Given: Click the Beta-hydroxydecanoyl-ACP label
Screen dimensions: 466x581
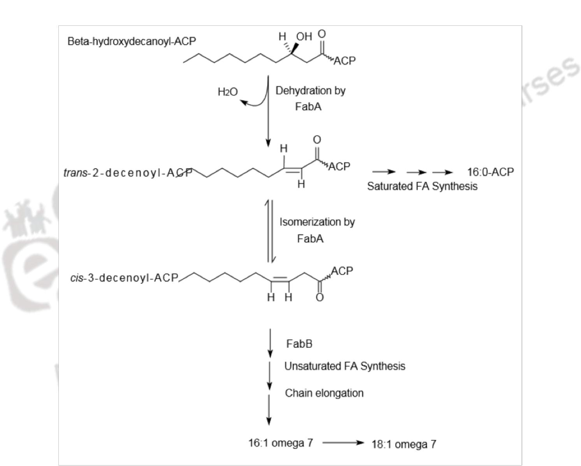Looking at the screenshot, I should point(132,41).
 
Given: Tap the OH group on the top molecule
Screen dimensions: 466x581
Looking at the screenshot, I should point(304,37).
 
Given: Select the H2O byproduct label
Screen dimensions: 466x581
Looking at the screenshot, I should point(227,92).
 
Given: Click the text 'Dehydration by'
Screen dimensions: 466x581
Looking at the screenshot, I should point(310,91).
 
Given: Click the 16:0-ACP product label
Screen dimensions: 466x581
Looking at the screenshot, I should point(490,172).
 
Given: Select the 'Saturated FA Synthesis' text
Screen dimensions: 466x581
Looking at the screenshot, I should point(422,186).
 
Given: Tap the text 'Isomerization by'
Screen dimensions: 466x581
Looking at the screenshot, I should point(317,222).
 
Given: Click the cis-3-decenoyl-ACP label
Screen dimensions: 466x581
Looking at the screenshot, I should point(124,278).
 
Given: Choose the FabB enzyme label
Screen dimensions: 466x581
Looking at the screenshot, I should point(299,344).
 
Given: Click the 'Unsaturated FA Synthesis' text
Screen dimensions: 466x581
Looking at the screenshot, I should point(345,366).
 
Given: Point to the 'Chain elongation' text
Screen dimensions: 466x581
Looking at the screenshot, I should point(324,393).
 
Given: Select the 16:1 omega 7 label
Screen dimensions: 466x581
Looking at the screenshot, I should point(280,443).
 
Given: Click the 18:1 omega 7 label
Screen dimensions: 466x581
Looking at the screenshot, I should point(404,444).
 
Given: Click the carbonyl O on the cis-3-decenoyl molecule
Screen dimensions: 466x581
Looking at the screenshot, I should point(320,298).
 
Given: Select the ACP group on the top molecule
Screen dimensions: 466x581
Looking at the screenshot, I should point(344,61).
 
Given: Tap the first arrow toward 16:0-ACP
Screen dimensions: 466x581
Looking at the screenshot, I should point(384,172).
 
